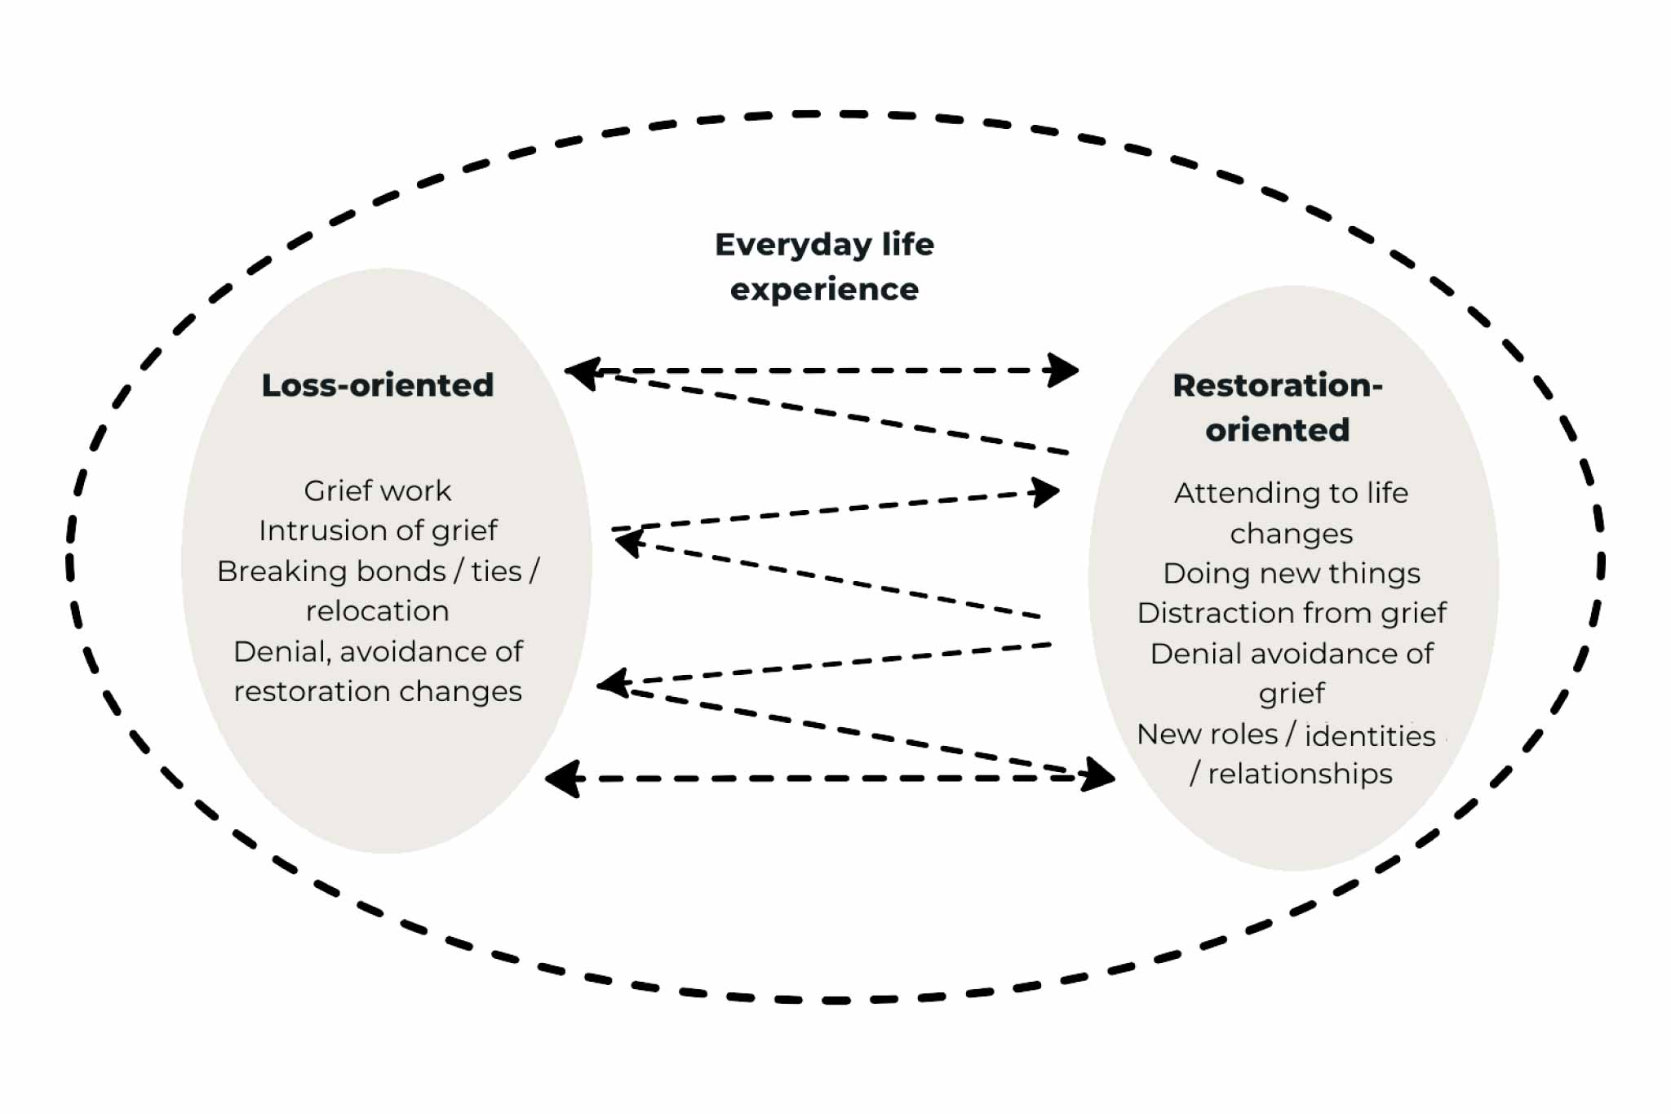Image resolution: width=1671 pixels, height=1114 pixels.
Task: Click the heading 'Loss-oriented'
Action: point(377,385)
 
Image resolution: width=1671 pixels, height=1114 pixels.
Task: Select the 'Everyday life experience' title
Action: point(824,266)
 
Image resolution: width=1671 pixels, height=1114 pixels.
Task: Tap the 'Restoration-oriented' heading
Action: point(1278,407)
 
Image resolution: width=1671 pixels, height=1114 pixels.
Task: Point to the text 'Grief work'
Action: point(377,490)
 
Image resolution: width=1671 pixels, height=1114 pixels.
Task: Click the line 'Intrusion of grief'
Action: point(377,530)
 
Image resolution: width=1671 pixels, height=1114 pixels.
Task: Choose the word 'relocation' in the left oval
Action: point(377,610)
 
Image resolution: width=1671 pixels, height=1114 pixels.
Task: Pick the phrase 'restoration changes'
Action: point(377,691)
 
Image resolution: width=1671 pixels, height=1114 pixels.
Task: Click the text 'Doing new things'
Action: point(1292,573)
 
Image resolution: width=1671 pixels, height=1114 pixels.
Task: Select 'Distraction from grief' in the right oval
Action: point(1292,613)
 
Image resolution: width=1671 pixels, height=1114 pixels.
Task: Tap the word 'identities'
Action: point(1370,735)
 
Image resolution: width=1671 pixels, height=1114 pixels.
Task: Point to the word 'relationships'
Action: point(1300,774)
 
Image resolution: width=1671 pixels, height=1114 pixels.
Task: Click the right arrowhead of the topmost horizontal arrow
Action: point(1064,371)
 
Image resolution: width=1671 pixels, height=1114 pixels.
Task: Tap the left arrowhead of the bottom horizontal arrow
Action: point(563,779)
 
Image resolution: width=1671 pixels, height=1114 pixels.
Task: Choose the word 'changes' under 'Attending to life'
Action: point(1292,534)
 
